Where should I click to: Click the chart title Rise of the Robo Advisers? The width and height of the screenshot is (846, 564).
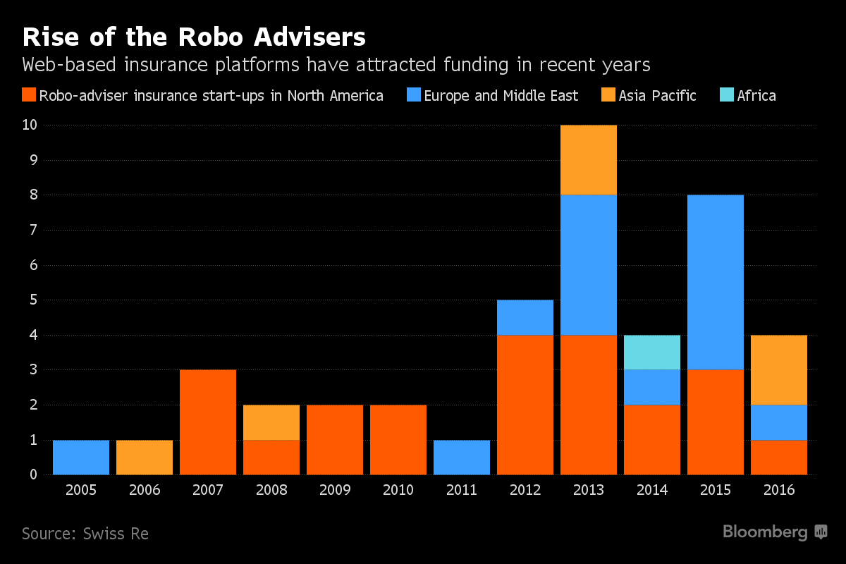click(x=194, y=37)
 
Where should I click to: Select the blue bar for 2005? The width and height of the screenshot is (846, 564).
click(x=81, y=458)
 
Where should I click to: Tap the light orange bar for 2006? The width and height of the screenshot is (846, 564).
click(x=145, y=458)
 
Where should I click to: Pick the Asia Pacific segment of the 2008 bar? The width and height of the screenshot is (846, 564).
click(x=271, y=422)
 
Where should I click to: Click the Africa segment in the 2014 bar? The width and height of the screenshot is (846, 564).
click(x=652, y=352)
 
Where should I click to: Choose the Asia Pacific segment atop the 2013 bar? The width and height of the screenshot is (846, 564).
click(x=589, y=160)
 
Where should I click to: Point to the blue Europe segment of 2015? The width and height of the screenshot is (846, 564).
click(x=716, y=282)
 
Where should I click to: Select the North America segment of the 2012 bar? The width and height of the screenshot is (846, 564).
click(x=525, y=405)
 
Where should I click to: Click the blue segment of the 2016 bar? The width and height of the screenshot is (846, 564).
click(x=779, y=422)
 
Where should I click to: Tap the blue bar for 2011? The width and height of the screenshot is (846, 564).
click(x=462, y=458)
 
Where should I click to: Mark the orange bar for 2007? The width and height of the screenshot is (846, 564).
click(x=208, y=422)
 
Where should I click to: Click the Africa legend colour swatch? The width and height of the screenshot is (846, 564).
click(x=727, y=95)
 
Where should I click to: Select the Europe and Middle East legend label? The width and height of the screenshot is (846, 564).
click(x=501, y=96)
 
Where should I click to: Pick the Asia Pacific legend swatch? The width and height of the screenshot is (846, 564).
click(x=608, y=95)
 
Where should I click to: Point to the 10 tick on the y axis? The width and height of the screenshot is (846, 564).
click(x=30, y=125)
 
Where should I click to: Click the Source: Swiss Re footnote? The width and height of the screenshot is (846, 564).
click(x=85, y=534)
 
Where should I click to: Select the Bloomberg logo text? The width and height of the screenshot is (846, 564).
click(x=765, y=532)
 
